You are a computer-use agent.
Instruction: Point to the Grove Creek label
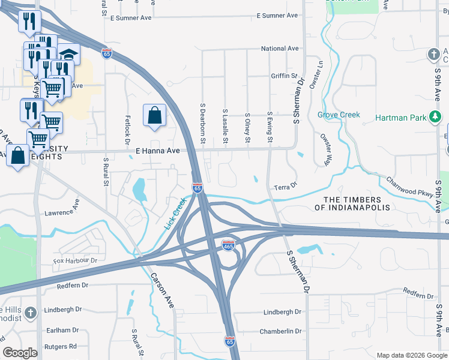[339, 115]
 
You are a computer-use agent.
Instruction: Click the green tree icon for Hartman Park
[435, 116]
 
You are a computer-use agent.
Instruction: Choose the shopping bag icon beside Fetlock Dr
[155, 115]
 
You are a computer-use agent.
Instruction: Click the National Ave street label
[279, 49]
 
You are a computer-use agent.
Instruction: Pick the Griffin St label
[284, 76]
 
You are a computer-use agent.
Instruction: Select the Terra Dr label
[286, 187]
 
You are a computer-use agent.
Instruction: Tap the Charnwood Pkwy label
[409, 187]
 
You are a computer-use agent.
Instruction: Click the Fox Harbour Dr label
[75, 261]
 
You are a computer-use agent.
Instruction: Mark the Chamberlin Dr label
[280, 331]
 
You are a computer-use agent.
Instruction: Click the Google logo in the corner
[20, 353]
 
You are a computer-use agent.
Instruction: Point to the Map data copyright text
[411, 355]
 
